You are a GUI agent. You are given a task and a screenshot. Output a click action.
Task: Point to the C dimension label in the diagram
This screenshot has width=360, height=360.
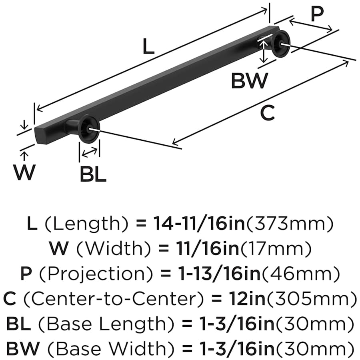267,113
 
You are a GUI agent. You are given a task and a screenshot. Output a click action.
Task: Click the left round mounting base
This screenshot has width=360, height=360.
88,129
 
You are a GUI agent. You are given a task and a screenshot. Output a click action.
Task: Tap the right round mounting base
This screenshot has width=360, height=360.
280,43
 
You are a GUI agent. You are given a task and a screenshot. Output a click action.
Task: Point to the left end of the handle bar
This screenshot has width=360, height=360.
39,134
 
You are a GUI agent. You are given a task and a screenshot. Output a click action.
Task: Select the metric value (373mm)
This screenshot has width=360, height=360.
289,225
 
